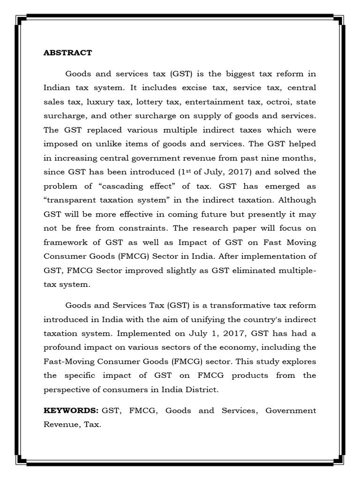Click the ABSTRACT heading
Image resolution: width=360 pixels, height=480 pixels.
point(67,52)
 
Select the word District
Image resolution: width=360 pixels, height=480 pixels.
point(202,390)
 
